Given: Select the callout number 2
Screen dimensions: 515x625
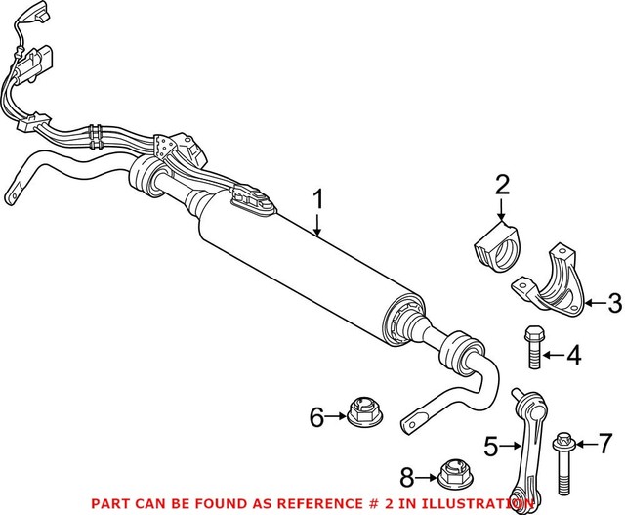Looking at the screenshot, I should (502, 185).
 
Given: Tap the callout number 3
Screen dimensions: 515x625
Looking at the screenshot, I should (613, 304).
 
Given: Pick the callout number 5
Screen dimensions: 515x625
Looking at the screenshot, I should (493, 448).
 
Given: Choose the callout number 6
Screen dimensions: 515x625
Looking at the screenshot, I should (316, 417).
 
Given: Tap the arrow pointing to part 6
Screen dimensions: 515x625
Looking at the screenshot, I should (338, 417).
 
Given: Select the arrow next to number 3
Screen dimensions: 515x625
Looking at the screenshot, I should (590, 304).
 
